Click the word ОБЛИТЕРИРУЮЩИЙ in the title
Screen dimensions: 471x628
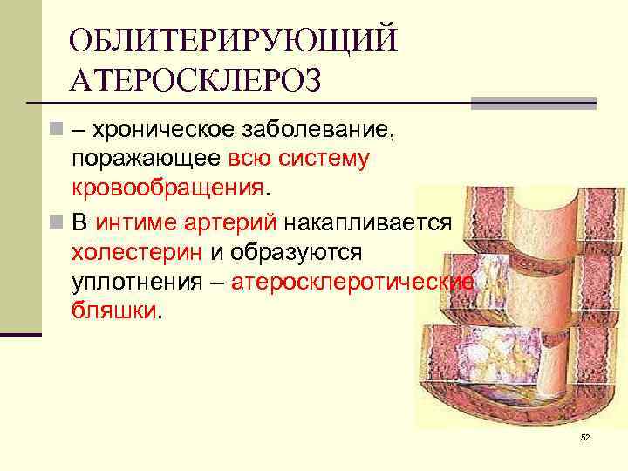233,40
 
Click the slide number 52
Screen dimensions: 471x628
585,437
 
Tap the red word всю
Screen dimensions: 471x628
247,159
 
